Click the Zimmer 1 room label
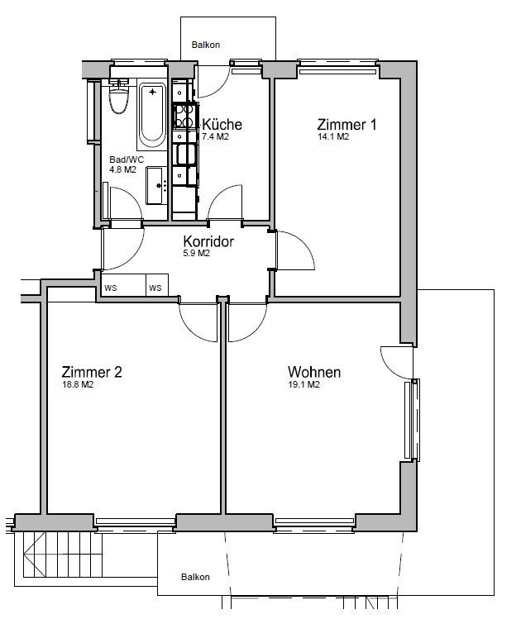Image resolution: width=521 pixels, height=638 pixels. tap(347, 125)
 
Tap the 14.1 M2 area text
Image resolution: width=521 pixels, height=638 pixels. tap(333, 138)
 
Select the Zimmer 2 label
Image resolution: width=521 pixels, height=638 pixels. tap(92, 372)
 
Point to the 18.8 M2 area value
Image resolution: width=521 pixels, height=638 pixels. tap(78, 385)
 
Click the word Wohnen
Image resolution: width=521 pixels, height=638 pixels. tap(313, 372)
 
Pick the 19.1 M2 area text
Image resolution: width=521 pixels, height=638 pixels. tap(304, 385)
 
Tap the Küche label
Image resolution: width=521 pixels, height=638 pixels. tap(222, 125)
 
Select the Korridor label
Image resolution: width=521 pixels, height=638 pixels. tap(208, 242)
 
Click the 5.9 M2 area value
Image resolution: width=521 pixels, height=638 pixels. tap(196, 254)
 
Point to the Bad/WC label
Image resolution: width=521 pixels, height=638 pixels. tap(127, 160)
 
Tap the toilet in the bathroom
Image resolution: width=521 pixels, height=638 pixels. tap(121, 99)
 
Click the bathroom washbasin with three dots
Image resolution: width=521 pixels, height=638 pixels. tap(155, 185)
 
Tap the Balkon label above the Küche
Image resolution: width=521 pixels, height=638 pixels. tap(206, 45)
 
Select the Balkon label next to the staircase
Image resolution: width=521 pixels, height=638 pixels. tap(196, 577)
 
